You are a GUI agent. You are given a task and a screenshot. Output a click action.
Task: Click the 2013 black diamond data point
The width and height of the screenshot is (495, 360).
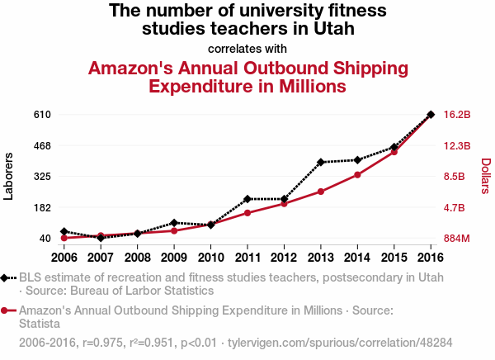click(x=321, y=162)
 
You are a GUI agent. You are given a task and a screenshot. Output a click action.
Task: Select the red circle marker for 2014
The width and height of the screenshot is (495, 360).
click(x=357, y=175)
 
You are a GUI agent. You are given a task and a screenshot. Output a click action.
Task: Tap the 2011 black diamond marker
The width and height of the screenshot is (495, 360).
click(x=247, y=199)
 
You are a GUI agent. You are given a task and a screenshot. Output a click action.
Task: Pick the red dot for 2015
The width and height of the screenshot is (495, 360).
click(x=394, y=152)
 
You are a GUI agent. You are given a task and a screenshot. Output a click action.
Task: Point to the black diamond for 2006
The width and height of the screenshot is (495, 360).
click(x=64, y=232)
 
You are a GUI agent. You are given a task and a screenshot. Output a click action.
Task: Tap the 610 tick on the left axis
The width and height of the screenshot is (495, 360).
click(x=42, y=114)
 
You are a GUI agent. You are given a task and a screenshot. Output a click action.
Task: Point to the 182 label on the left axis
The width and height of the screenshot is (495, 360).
click(x=42, y=208)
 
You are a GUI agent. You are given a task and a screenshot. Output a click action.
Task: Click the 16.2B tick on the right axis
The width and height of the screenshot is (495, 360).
click(x=457, y=114)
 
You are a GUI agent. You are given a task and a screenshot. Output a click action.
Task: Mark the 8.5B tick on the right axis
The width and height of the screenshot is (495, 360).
click(x=455, y=177)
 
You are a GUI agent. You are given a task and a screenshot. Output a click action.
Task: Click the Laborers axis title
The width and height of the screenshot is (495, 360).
click(x=9, y=176)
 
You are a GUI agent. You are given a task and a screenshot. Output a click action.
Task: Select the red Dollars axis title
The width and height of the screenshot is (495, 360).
click(x=485, y=176)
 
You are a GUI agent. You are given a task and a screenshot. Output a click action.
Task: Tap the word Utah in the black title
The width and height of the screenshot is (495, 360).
click(x=332, y=29)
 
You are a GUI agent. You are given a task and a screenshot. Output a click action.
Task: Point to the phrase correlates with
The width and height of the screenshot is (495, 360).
click(x=247, y=48)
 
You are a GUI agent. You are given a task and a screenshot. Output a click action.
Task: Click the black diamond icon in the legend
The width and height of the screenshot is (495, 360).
click(x=7, y=277)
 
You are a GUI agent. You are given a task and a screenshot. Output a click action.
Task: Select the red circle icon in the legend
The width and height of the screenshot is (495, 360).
click(x=7, y=310)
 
